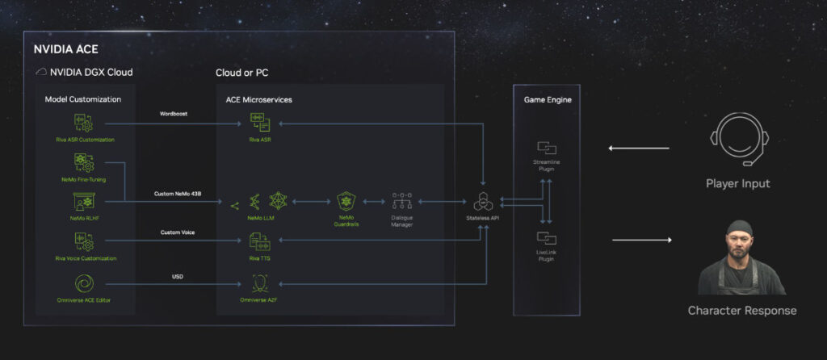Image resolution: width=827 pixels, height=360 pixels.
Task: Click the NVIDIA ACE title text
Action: coord(65,48)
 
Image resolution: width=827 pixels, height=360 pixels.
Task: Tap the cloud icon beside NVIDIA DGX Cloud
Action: coord(40,73)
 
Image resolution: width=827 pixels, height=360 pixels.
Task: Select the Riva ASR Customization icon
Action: coord(83,123)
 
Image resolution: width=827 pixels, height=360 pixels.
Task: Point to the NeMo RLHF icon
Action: coord(83,201)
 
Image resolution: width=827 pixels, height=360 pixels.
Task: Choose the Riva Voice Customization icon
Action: coord(83,241)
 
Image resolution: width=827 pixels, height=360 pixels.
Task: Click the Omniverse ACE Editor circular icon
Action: coord(83,283)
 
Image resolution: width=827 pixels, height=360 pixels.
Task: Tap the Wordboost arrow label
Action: coord(174,114)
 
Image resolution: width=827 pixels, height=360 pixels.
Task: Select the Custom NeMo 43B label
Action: coord(177,194)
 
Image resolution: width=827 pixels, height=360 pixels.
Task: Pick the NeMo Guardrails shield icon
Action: coord(346,201)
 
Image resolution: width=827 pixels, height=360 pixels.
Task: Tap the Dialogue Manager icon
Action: coord(401,201)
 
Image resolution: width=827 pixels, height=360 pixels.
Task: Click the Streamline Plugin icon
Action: coord(547,149)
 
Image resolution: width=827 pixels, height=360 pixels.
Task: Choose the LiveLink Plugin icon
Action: coord(547,238)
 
